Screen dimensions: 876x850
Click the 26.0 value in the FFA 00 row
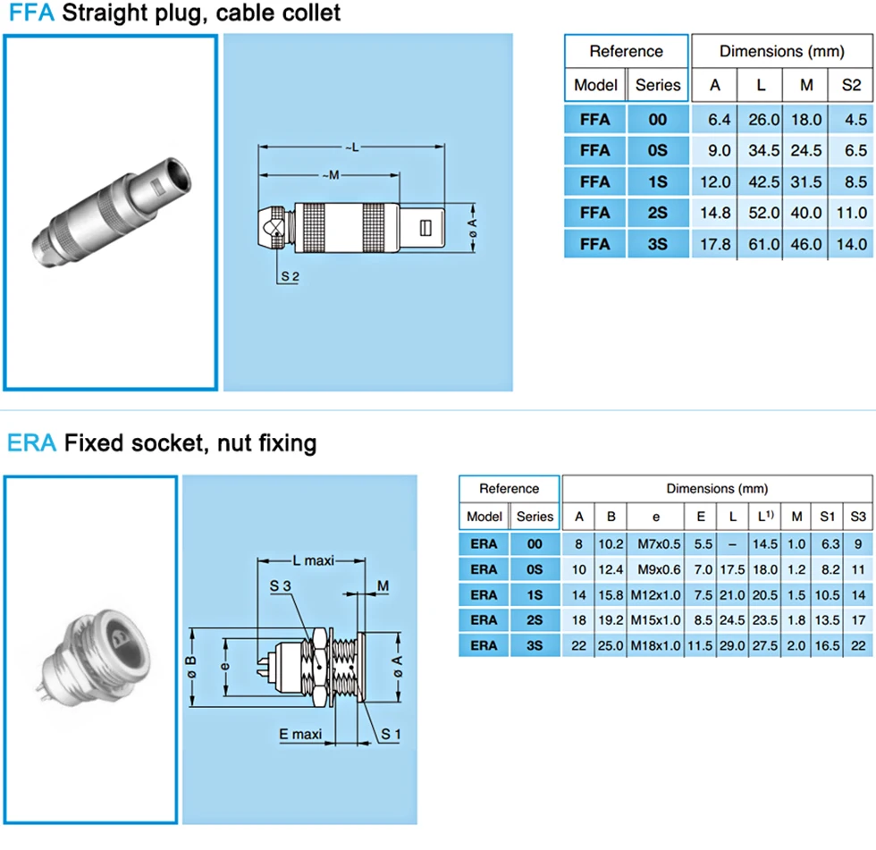pyautogui.click(x=763, y=120)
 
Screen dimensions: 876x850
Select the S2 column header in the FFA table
pyautogui.click(x=851, y=85)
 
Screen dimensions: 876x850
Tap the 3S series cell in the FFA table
pyautogui.click(x=658, y=244)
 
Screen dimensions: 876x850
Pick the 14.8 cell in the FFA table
pyautogui.click(x=715, y=213)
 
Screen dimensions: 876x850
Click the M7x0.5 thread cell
pyautogui.click(x=660, y=544)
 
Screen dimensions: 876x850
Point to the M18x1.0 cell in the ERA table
pyautogui.click(x=656, y=645)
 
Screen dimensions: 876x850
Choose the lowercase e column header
pyautogui.click(x=656, y=518)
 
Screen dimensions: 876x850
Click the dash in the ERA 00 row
pyautogui.click(x=732, y=544)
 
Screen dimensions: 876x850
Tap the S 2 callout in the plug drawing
pyautogui.click(x=290, y=276)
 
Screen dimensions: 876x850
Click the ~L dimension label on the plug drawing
pyautogui.click(x=352, y=147)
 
